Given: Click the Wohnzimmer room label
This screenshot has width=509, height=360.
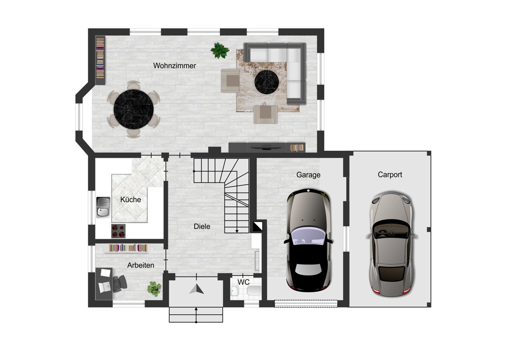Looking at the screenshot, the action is click(174, 66).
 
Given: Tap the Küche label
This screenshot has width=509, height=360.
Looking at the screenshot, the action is click(131, 200).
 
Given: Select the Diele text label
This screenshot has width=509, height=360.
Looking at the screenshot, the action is click(202, 226).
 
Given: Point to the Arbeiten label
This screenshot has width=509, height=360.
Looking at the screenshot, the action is click(140, 265).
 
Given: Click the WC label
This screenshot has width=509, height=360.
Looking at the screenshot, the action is click(243, 282).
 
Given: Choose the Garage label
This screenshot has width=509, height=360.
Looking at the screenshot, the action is click(308, 175).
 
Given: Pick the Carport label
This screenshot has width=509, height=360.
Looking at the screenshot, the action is click(390, 174).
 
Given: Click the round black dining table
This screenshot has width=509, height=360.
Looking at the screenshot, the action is click(133, 109).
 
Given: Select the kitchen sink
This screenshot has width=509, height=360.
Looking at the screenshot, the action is click(103, 207).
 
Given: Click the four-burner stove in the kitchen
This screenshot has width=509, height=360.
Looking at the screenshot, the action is click(118, 231).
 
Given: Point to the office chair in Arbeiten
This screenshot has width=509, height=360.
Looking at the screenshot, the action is click(119, 284).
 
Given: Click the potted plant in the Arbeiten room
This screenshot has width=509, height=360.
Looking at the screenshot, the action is click(154, 289).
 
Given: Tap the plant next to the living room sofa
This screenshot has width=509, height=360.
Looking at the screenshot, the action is click(220, 51).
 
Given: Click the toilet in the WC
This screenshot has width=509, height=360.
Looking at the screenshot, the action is click(254, 291).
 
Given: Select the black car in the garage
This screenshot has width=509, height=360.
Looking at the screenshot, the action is click(308, 240).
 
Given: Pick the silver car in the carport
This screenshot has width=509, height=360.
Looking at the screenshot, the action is click(391, 244).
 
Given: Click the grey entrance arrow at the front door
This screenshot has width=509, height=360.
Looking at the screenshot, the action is click(196, 289).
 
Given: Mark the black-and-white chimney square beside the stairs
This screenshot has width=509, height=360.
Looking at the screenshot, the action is click(258, 226).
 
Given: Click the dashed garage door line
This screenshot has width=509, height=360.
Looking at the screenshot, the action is click(306, 304).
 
